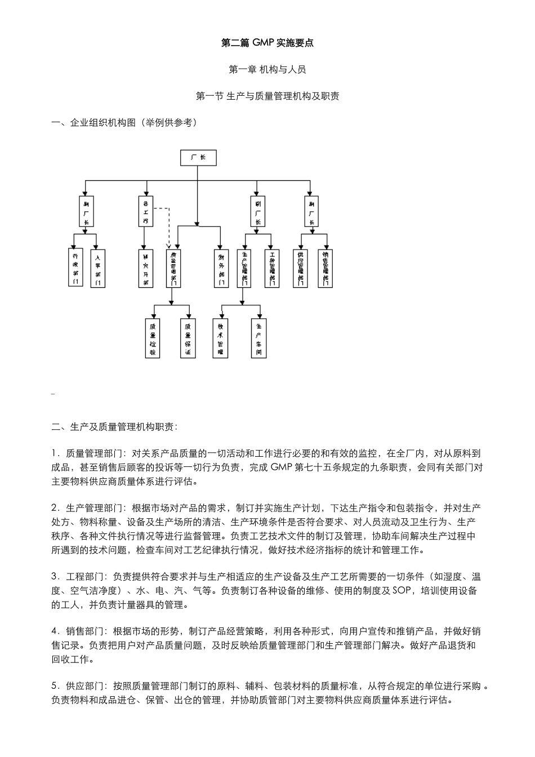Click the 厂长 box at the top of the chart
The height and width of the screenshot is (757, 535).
click(198, 158)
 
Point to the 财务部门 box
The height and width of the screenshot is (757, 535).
click(221, 268)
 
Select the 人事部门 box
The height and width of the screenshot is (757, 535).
click(98, 268)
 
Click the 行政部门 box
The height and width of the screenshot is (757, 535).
click(75, 268)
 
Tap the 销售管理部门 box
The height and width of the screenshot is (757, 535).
click(325, 268)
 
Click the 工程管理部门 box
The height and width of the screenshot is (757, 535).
click(272, 268)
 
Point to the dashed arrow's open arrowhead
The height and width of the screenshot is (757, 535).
click(169, 246)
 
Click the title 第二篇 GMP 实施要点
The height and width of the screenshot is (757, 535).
click(267, 43)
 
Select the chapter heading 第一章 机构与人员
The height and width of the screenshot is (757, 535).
click(267, 70)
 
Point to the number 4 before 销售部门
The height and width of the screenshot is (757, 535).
click(54, 631)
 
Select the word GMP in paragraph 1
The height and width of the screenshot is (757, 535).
click(282, 467)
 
